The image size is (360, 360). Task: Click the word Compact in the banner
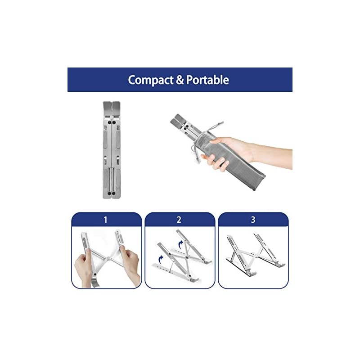click(151, 80)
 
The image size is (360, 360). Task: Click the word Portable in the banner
click(207, 80)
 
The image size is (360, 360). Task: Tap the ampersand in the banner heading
click(180, 80)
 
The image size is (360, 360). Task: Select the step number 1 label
click(106, 220)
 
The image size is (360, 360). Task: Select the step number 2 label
click(179, 220)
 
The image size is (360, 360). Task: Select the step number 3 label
click(253, 220)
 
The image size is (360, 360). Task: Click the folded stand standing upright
click(112, 150)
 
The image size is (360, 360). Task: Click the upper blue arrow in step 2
click(181, 243)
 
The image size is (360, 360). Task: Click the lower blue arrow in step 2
click(161, 260)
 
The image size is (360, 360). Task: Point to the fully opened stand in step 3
click(255, 254)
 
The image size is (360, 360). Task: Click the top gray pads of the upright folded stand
click(112, 108)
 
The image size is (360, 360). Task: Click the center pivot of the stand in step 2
click(187, 257)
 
